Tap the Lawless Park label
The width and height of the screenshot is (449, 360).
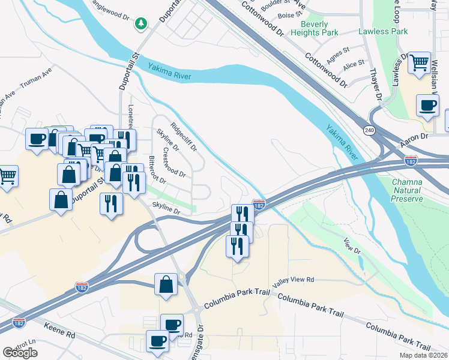point(382,31)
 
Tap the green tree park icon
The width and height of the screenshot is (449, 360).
point(141,23)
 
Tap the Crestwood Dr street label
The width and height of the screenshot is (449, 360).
point(174,163)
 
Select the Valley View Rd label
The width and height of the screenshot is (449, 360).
point(294,280)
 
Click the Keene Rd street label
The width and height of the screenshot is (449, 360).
point(59,330)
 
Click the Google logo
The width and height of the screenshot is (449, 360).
point(20,353)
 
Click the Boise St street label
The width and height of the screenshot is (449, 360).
point(289,14)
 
